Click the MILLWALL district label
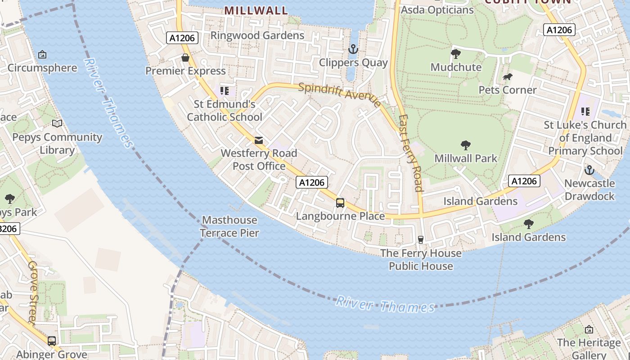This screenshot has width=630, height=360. click(256, 10)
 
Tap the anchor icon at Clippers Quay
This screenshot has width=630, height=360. click(353, 49)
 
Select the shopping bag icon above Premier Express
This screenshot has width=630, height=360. click(185, 58)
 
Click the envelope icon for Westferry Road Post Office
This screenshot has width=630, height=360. click(259, 140)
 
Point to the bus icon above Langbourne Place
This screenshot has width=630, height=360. click(340, 203)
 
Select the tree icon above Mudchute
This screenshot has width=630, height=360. click(456, 54)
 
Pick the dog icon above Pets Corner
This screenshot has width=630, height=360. click(508, 77)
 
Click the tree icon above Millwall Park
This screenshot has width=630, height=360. click(466, 145)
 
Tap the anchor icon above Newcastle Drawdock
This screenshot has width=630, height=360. click(589, 170)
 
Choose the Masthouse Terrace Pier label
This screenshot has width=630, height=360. click(229, 226)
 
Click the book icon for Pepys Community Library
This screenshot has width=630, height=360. click(57, 123)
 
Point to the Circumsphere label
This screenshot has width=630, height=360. click(42, 68)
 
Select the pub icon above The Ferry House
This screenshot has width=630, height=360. click(421, 240)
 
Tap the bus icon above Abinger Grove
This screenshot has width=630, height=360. click(52, 341)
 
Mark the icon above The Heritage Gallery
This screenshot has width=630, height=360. click(589, 330)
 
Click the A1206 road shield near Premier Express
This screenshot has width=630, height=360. click(182, 38)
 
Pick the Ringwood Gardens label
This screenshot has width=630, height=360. click(257, 35)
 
